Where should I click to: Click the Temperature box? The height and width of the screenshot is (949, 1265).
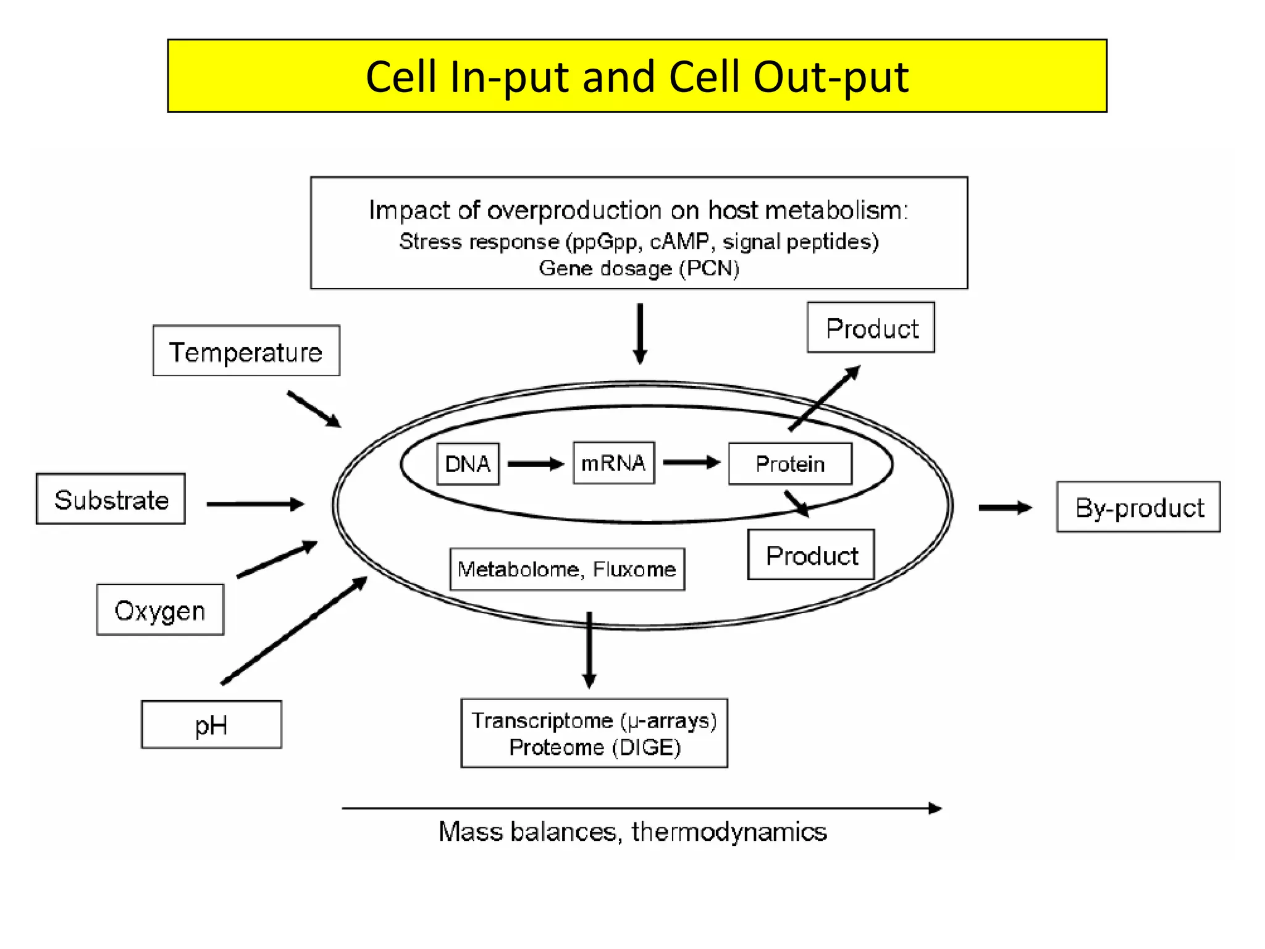pyautogui.click(x=246, y=351)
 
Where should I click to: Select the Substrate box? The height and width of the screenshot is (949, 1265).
pyautogui.click(x=111, y=499)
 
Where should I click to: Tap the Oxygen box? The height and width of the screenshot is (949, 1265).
pyautogui.click(x=160, y=610)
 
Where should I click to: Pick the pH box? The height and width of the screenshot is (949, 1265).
pyautogui.click(x=211, y=725)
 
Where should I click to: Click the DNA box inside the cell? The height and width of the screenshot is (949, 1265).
pyautogui.click(x=468, y=463)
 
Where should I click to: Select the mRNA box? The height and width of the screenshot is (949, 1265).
pyautogui.click(x=613, y=463)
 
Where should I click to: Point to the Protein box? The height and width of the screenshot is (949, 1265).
pyautogui.click(x=790, y=463)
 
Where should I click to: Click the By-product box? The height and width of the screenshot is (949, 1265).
pyautogui.click(x=1138, y=507)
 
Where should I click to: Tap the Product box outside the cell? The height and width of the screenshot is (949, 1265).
pyautogui.click(x=871, y=327)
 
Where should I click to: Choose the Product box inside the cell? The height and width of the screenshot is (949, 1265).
pyautogui.click(x=811, y=555)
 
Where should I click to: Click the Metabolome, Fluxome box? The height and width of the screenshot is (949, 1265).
pyautogui.click(x=567, y=569)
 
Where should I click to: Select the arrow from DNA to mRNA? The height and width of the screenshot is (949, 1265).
pyautogui.click(x=536, y=463)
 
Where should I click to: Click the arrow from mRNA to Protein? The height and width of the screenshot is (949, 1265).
pyautogui.click(x=691, y=462)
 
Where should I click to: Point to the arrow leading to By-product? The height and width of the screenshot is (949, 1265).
pyautogui.click(x=1004, y=507)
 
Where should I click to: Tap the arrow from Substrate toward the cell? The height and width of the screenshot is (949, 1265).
pyautogui.click(x=254, y=504)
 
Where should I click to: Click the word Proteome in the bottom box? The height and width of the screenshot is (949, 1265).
pyautogui.click(x=556, y=748)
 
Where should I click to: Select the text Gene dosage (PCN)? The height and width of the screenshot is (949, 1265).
pyautogui.click(x=639, y=268)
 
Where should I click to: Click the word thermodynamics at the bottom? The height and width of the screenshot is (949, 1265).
pyautogui.click(x=729, y=832)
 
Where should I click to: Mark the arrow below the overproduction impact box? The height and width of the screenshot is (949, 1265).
pyautogui.click(x=640, y=334)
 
